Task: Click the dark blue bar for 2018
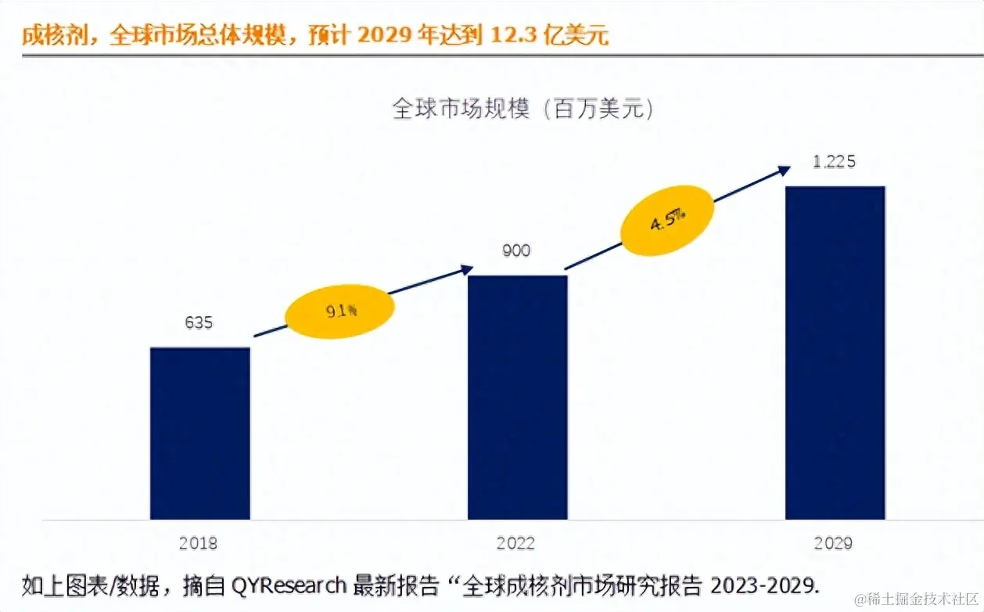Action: (x=200, y=433)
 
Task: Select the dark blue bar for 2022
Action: (x=517, y=397)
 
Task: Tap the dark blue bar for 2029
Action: (x=835, y=352)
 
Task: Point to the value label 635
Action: (x=199, y=322)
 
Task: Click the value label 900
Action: (x=516, y=250)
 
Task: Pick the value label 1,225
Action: (x=834, y=162)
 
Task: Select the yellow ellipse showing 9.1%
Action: (x=338, y=311)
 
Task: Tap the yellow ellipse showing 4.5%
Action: (x=667, y=220)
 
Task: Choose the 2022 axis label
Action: (x=515, y=543)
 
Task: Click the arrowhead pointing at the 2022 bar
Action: (x=467, y=269)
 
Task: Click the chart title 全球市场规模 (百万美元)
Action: (x=523, y=108)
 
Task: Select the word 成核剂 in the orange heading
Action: (x=54, y=35)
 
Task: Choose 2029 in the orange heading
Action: (x=387, y=35)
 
